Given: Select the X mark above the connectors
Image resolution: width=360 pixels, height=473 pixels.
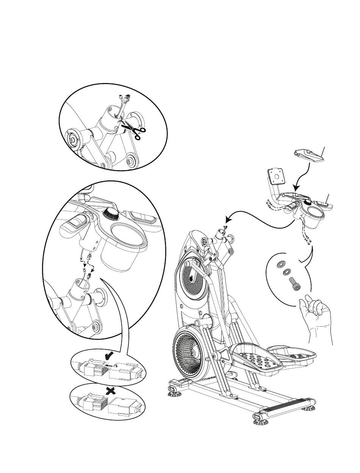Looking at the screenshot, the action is pyautogui.click(x=110, y=392).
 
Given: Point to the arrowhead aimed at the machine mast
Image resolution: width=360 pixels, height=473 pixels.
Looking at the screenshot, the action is pyautogui.click(x=228, y=219).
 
